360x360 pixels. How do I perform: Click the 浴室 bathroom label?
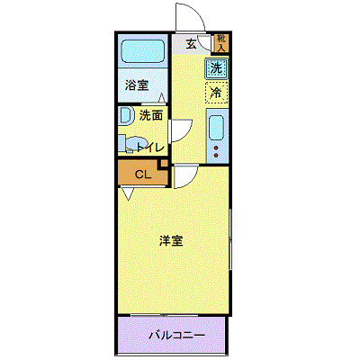pyautogui.click(x=138, y=86)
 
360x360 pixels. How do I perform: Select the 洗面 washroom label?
pyautogui.click(x=151, y=115)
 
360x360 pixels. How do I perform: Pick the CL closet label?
pyautogui.click(x=142, y=175)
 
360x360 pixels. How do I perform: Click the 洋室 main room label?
pyautogui.click(x=172, y=241)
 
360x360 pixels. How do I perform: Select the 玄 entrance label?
pyautogui.click(x=192, y=43)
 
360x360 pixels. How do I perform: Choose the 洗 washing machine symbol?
pyautogui.click(x=216, y=67)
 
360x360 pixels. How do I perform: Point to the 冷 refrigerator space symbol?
pyautogui.click(x=216, y=91)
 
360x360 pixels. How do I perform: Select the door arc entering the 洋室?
pyautogui.click(x=185, y=175)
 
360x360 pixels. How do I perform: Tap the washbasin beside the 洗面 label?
pyautogui.click(x=124, y=116)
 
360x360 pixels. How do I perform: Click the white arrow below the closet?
pyautogui.click(x=130, y=193)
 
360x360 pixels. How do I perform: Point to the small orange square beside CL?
pyautogui.click(x=163, y=164)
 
